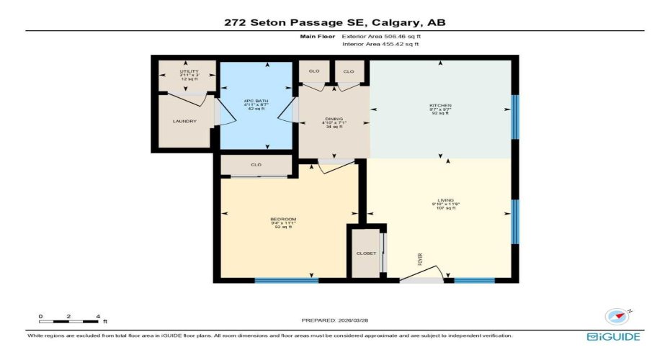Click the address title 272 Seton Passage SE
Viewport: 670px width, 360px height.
click(x=334, y=23)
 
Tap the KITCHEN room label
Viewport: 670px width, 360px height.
click(x=440, y=106)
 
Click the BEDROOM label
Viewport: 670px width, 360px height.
click(x=283, y=219)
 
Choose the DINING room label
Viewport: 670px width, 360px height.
click(x=334, y=119)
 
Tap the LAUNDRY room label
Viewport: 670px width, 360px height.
click(x=184, y=121)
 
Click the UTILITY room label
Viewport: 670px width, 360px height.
click(x=189, y=71)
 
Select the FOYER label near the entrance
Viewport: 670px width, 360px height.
click(x=420, y=258)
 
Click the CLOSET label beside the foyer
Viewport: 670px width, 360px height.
click(x=366, y=253)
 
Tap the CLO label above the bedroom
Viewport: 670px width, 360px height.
click(x=256, y=165)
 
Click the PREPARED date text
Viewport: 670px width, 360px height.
click(x=334, y=320)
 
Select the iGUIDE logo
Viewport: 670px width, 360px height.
click(x=613, y=336)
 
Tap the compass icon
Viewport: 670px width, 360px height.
click(x=617, y=316)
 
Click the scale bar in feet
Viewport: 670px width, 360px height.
click(x=69, y=317)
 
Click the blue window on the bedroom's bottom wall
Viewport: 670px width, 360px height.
click(x=286, y=280)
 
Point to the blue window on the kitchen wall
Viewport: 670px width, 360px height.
click(x=514, y=117)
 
